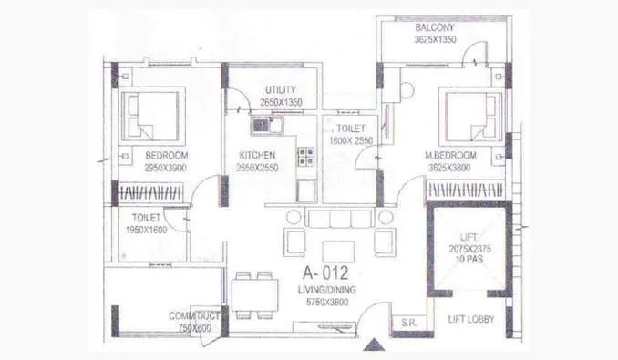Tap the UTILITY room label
click(283, 89)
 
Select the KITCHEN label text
click(258, 155)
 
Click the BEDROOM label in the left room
click(166, 155)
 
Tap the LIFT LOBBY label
click(470, 320)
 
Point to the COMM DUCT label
click(194, 316)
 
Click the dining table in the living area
click(254, 293)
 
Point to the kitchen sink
click(261, 125)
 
